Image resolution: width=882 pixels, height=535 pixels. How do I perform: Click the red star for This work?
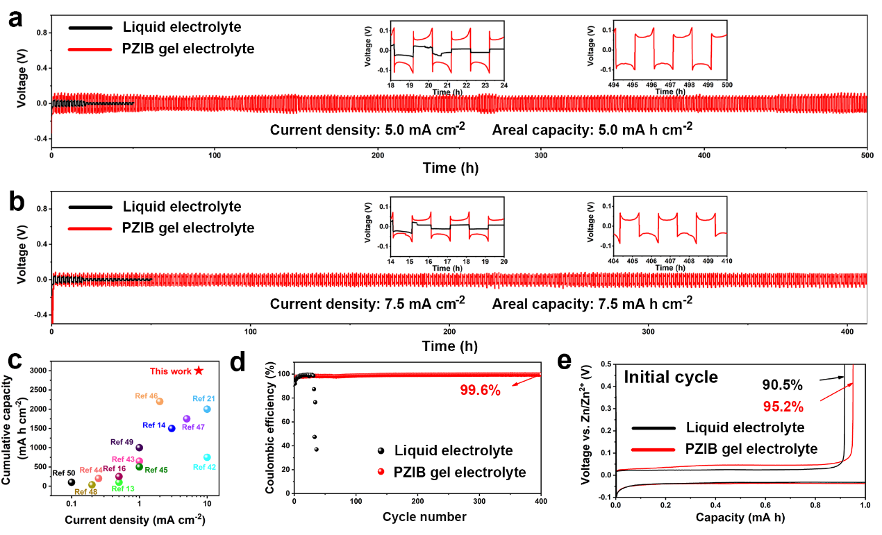click(x=199, y=371)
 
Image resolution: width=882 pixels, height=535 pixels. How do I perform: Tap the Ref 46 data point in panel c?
click(x=159, y=401)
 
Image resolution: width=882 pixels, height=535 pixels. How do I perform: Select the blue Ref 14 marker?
click(x=172, y=428)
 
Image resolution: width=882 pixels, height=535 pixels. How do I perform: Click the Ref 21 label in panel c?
click(x=203, y=398)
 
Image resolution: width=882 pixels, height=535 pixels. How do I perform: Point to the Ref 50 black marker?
click(x=71, y=482)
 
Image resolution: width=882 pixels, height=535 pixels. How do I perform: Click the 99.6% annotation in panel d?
click(x=480, y=390)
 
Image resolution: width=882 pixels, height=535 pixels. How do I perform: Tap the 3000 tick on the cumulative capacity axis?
click(x=42, y=371)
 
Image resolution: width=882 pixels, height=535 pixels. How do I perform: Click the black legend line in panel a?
click(x=90, y=28)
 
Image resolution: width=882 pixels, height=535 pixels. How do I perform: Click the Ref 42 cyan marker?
click(x=207, y=457)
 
